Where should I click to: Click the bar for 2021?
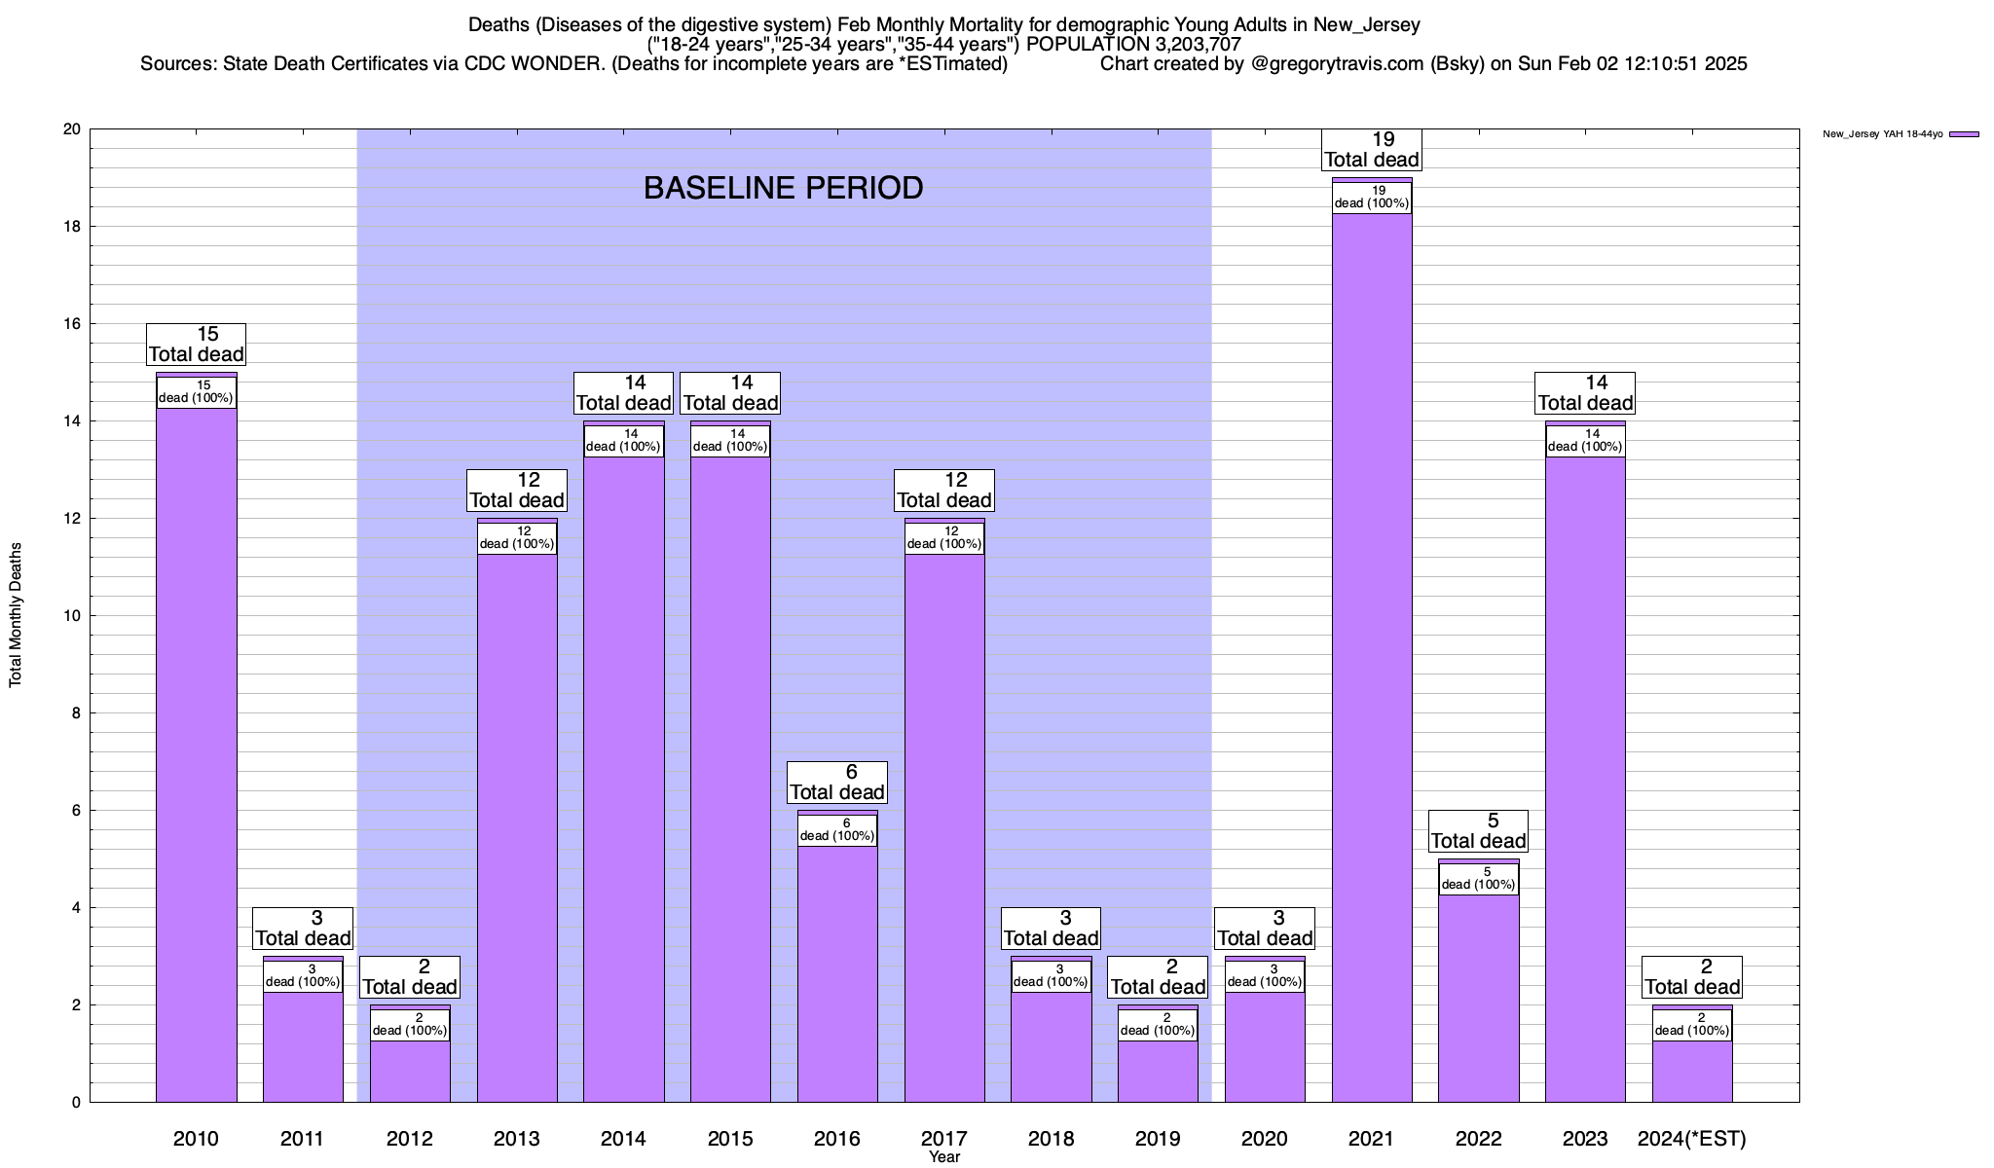[x=1372, y=662]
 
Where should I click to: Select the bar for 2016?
[x=837, y=973]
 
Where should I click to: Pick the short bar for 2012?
[x=410, y=1071]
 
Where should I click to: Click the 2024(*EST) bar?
[x=1692, y=1071]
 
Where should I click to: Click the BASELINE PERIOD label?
[x=783, y=188]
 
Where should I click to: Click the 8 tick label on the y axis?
[x=75, y=713]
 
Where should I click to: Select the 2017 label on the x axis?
[x=943, y=1138]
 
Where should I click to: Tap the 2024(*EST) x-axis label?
[x=1692, y=1138]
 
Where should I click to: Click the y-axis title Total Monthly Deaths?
[x=16, y=615]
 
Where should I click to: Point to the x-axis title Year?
[x=943, y=1157]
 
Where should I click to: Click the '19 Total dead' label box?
[x=1372, y=150]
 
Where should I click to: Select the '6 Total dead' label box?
[x=837, y=783]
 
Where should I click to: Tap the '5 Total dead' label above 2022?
[x=1478, y=831]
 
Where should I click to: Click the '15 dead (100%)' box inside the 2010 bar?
[x=196, y=392]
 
